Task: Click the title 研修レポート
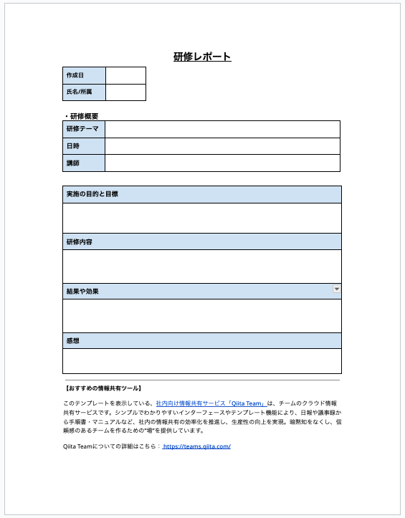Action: point(202,57)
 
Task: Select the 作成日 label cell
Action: point(84,75)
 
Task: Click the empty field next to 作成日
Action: point(125,75)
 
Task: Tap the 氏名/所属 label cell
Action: point(84,92)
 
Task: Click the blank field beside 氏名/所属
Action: point(125,92)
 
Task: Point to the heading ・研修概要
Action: point(80,115)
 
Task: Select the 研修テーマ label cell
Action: point(84,129)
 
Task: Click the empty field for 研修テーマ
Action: point(222,129)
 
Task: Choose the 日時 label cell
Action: point(84,146)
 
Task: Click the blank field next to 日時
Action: point(222,146)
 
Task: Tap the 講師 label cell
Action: point(84,163)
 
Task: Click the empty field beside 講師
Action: point(222,163)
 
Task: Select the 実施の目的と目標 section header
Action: point(92,194)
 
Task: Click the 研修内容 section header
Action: point(79,242)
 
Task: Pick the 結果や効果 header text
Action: point(82,292)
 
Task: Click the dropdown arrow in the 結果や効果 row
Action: point(336,289)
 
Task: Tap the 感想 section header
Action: point(72,340)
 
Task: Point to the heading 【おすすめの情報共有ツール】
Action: point(102,388)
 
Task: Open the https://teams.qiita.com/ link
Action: point(196,446)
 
